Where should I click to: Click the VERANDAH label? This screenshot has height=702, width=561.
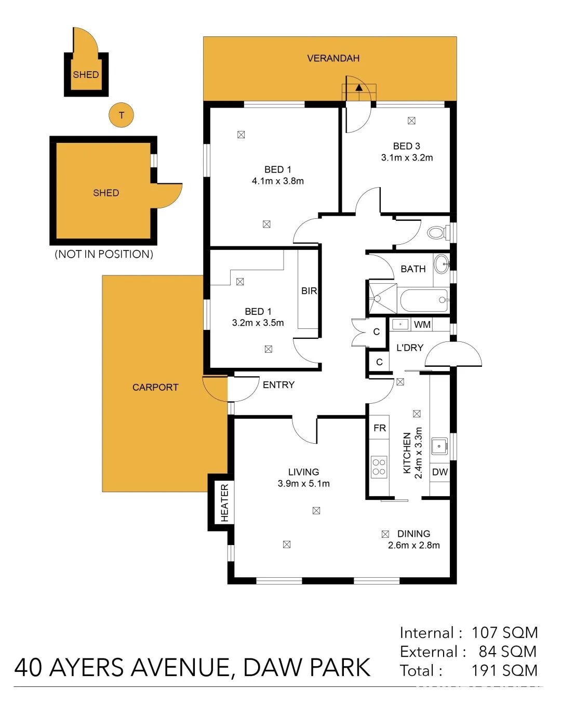click(333, 58)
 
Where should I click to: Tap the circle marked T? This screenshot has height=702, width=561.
click(122, 115)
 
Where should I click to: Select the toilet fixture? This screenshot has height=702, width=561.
click(438, 233)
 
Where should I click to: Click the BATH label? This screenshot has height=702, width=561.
click(413, 269)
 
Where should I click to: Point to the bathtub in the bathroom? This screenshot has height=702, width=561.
click(424, 300)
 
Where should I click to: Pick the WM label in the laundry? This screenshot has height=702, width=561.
click(422, 325)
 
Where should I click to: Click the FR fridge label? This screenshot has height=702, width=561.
click(380, 428)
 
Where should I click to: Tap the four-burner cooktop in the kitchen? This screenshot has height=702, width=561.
click(379, 467)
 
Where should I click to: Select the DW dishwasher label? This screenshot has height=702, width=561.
click(439, 472)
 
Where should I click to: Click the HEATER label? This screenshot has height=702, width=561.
click(224, 502)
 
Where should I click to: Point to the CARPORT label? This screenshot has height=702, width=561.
click(155, 387)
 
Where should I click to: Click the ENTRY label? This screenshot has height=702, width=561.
click(278, 385)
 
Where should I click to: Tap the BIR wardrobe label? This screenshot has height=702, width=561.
click(309, 290)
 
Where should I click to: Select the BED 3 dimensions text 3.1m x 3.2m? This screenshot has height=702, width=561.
click(407, 158)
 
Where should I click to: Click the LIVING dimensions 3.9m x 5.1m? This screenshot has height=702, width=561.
click(303, 483)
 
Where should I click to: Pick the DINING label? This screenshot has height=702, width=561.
click(413, 534)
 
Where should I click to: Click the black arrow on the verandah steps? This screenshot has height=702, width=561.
click(359, 87)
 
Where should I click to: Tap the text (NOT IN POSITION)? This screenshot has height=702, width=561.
click(104, 254)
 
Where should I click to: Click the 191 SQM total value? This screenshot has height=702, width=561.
click(504, 671)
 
